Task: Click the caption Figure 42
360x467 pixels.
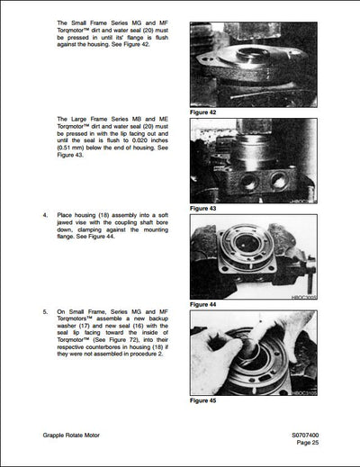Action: pyautogui.click(x=205, y=112)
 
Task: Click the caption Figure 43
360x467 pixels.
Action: pyautogui.click(x=205, y=208)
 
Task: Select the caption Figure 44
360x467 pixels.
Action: pyautogui.click(x=205, y=304)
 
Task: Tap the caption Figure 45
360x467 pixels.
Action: pyautogui.click(x=205, y=400)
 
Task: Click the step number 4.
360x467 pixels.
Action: pyautogui.click(x=46, y=216)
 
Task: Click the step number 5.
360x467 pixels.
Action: pyautogui.click(x=46, y=311)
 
